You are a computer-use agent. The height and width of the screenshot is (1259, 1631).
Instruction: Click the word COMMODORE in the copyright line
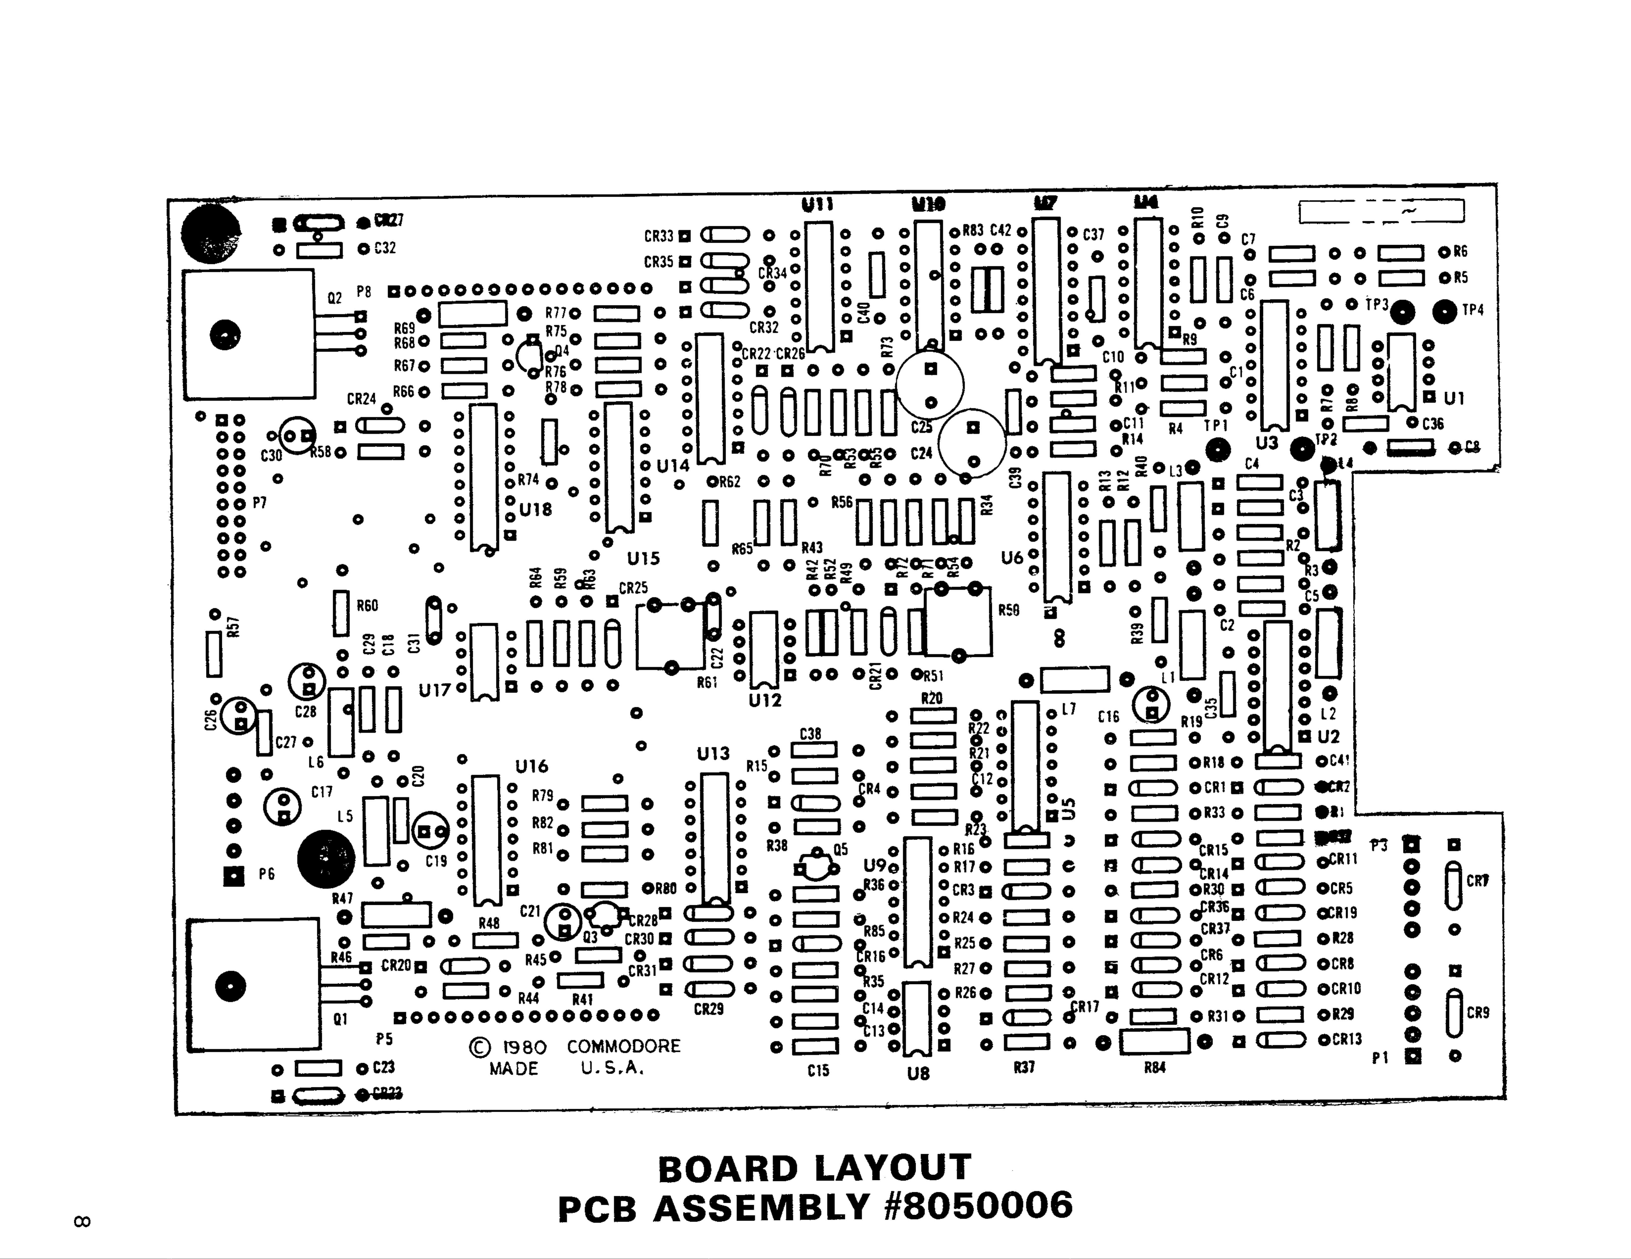624,1046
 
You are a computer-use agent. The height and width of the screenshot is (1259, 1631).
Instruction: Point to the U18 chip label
535,510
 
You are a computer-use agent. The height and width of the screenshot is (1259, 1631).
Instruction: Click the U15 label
643,559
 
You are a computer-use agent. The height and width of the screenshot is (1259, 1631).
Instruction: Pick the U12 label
765,700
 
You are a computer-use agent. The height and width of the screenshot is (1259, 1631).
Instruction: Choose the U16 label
532,766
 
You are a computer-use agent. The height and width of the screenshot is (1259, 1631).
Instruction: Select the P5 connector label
385,1039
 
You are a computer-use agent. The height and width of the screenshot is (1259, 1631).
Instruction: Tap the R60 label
367,606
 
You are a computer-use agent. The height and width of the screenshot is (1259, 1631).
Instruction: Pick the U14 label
673,466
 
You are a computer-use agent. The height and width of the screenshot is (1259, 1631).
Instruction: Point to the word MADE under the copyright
514,1069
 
